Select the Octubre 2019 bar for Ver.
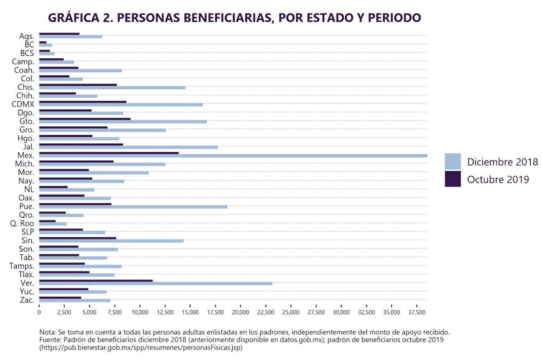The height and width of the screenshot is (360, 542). point(96,281)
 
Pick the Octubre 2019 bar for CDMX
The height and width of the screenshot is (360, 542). point(83,102)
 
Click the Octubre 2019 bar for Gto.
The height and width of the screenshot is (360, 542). point(85,119)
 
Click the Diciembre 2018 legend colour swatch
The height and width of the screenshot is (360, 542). point(453,162)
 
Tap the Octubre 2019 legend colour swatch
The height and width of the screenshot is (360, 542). point(453,179)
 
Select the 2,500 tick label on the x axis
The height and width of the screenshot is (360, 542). point(65,312)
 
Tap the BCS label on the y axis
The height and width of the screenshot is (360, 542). point(27,53)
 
